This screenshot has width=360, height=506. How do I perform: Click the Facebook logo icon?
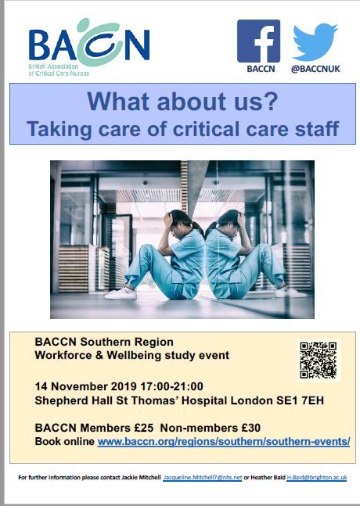[x=258, y=41]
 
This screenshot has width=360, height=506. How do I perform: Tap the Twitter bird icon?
[x=315, y=42]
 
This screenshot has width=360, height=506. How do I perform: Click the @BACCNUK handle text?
[x=315, y=69]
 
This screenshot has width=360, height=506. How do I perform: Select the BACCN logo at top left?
[x=89, y=47]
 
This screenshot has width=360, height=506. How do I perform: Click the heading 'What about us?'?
[x=182, y=102]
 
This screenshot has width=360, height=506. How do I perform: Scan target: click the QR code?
[x=319, y=360]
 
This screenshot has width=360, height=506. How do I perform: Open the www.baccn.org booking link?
[x=224, y=441]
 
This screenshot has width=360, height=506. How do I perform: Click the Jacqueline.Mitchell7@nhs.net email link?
[x=203, y=478]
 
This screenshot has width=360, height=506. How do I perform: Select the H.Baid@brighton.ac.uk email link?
[x=317, y=478]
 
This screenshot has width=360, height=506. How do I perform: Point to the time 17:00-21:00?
[x=171, y=386]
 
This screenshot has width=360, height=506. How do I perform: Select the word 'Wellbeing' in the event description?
[x=134, y=355]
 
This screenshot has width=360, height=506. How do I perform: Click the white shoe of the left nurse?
[x=121, y=293]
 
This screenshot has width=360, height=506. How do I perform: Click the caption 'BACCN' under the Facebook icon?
[x=261, y=69]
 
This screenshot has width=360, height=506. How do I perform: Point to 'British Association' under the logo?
[x=53, y=66]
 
